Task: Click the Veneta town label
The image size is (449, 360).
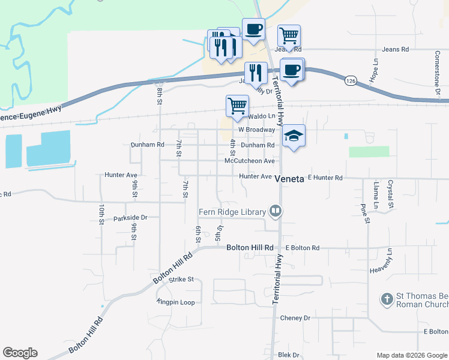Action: (x=290, y=179)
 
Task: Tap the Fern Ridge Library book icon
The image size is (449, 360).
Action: (x=276, y=211)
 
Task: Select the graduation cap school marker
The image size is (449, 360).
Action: (x=294, y=136)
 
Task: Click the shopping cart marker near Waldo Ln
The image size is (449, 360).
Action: (x=237, y=106)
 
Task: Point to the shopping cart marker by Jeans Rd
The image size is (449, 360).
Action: (x=289, y=35)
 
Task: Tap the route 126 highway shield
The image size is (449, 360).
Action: (x=351, y=80)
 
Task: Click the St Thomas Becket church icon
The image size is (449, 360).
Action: (x=387, y=298)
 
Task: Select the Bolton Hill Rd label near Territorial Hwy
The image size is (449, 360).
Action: (x=250, y=248)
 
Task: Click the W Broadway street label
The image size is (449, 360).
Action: (x=256, y=130)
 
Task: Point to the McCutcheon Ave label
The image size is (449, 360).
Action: (x=249, y=161)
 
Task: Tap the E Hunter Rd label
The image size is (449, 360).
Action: (x=325, y=178)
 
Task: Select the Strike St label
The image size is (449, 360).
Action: (x=181, y=279)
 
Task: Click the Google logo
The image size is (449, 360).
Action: (x=20, y=353)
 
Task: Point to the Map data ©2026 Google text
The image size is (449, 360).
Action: (x=411, y=355)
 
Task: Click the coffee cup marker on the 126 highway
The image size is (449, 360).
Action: (x=292, y=70)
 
